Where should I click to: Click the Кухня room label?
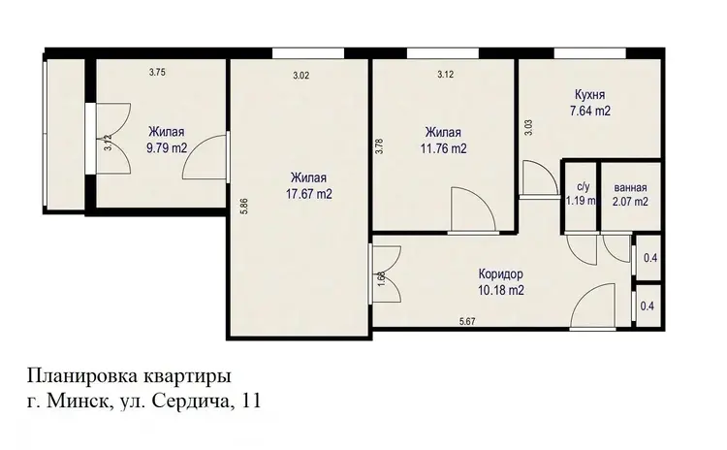click(589, 95)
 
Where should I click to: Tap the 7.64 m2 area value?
click(589, 112)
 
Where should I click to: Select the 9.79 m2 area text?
click(167, 148)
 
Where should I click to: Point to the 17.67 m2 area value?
click(309, 194)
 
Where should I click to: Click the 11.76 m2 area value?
click(443, 149)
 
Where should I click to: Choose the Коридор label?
click(501, 273)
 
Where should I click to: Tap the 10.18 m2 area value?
click(501, 291)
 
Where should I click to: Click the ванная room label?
click(630, 188)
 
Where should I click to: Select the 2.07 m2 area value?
click(630, 202)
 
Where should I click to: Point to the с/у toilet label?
click(584, 187)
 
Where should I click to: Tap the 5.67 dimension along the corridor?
click(467, 321)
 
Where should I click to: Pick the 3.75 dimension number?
click(157, 72)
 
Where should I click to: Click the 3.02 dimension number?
click(300, 76)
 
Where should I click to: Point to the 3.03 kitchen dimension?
click(528, 128)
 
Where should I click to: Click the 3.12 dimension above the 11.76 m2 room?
click(445, 74)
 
